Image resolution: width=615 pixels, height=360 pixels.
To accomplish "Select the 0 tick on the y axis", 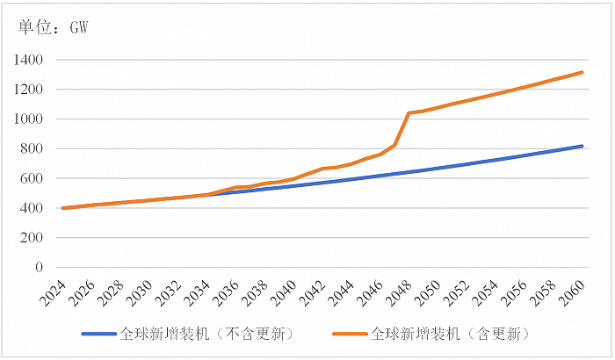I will [42, 268].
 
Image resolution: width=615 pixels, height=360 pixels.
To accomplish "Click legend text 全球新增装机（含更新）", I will [451, 335].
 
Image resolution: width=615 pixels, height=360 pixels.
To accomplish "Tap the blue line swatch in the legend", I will [98, 335].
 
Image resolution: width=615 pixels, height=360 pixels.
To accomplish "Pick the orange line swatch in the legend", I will [349, 335].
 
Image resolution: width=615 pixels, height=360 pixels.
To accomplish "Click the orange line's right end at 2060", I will [582, 72].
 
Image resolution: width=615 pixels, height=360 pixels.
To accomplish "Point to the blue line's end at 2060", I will [582, 146].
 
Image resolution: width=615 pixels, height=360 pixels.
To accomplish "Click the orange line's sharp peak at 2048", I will [409, 113].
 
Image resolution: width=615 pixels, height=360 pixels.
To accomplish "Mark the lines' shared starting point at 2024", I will [64, 208].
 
